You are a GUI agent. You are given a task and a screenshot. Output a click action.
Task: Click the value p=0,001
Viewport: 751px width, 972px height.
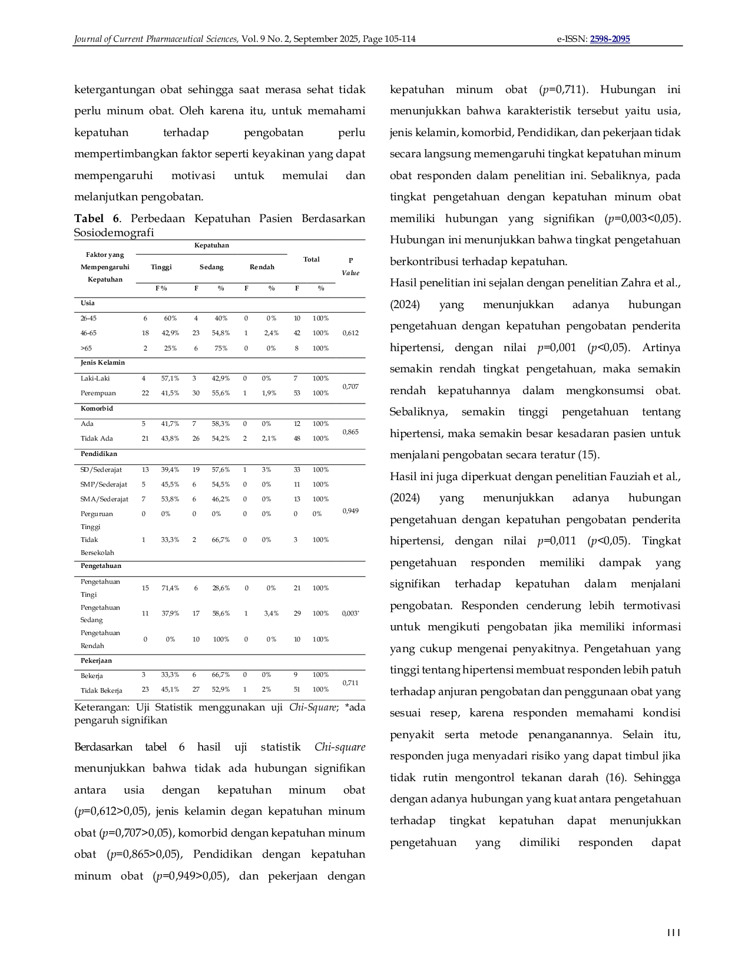click(x=557, y=348)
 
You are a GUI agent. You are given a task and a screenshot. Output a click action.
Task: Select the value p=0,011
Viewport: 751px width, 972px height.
click(x=557, y=541)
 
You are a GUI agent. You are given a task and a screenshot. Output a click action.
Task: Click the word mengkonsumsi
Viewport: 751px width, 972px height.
click(x=602, y=391)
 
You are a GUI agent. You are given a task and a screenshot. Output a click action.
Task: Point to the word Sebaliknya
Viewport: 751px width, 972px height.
click(x=418, y=412)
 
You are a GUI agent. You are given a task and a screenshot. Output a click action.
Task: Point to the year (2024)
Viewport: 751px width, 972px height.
click(x=405, y=498)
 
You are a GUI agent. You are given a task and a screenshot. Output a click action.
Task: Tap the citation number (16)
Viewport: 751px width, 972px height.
click(x=616, y=778)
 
